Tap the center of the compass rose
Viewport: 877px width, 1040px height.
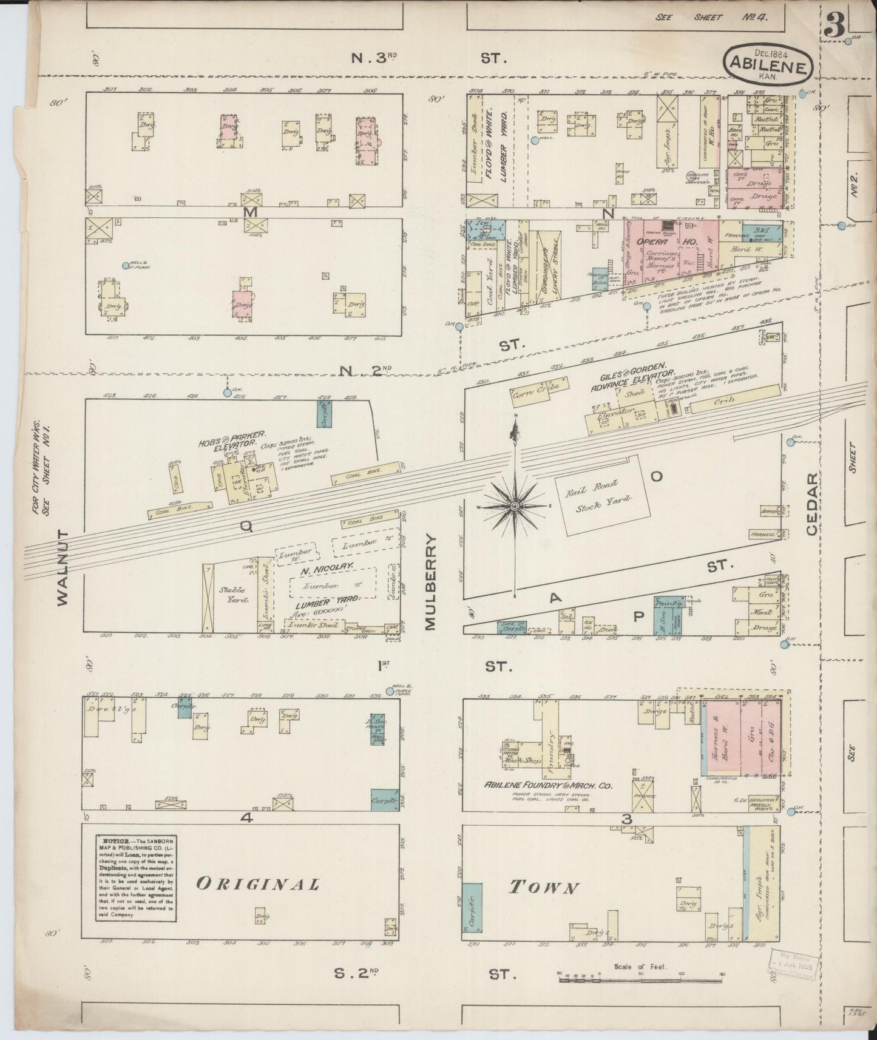[515, 505]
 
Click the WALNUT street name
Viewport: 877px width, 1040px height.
[63, 567]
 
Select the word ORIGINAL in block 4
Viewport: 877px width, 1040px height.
[257, 884]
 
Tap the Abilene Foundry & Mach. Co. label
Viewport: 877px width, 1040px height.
[547, 785]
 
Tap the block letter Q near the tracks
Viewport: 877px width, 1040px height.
[246, 527]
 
